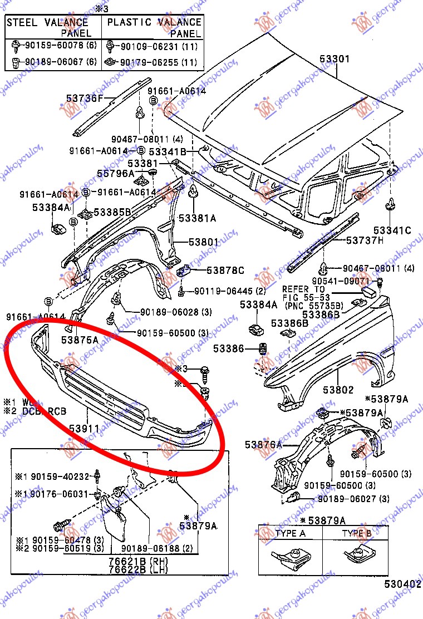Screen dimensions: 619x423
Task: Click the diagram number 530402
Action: coord(401,584)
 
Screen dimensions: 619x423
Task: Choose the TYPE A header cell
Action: coord(291,533)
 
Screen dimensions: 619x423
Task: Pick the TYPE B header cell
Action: coord(356,533)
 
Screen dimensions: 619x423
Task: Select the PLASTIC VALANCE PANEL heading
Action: coord(154,27)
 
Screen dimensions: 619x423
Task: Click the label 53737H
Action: coord(365,240)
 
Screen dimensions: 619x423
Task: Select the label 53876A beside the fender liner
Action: coord(263,445)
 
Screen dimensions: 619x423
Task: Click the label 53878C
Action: coord(225,271)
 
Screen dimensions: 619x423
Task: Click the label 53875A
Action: coord(80,339)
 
